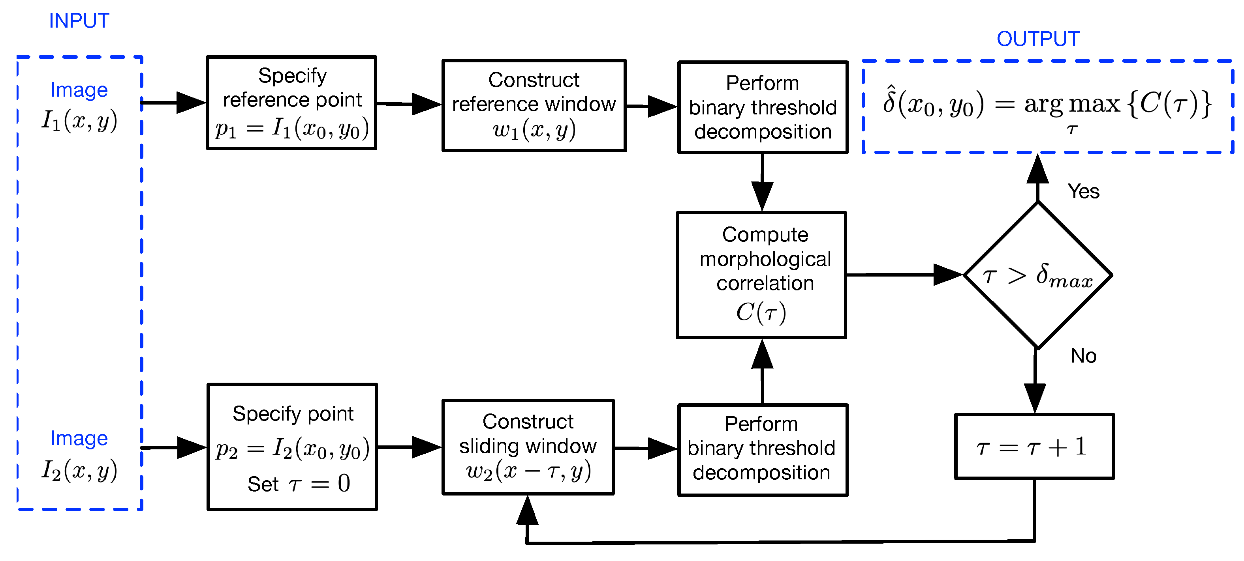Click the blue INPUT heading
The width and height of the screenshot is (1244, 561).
79,21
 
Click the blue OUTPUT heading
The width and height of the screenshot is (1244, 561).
1037,39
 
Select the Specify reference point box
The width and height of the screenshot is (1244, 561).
291,103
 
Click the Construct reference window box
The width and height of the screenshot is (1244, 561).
534,106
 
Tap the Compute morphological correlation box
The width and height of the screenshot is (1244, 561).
761,275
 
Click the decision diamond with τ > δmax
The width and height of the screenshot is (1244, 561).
1037,275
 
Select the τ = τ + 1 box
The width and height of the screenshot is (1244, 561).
1034,446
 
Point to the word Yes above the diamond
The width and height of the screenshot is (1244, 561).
1083,191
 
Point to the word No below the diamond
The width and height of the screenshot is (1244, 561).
1083,356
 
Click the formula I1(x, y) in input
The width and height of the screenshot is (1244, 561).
79,121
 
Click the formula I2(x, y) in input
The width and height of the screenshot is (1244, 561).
79,470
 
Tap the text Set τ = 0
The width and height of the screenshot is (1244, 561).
299,483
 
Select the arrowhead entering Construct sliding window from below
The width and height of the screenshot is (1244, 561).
527,511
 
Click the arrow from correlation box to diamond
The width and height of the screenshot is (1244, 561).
903,275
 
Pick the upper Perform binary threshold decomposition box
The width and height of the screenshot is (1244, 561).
763,107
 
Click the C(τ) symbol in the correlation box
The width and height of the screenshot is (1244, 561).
761,312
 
